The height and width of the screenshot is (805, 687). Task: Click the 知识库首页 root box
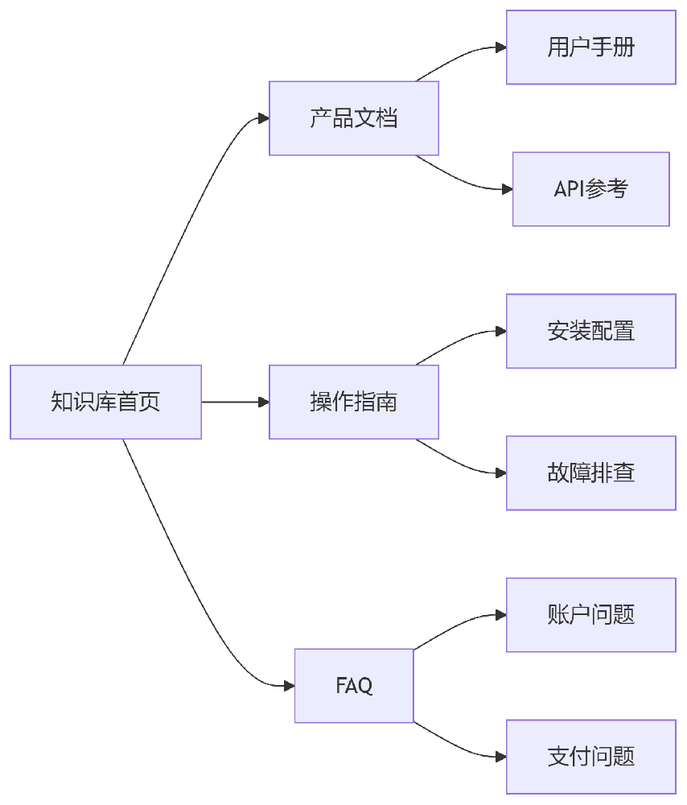(x=105, y=402)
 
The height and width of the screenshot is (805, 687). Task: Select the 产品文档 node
(x=354, y=118)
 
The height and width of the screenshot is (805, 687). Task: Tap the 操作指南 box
(x=354, y=402)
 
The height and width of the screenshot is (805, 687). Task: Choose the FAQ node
(x=354, y=686)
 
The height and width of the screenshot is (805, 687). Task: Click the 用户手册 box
(x=591, y=47)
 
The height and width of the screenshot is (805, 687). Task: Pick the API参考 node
(x=591, y=189)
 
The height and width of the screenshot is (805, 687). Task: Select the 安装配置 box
(x=591, y=331)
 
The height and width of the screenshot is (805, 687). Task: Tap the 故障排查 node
(x=591, y=473)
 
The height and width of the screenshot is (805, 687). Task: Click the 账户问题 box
(x=591, y=615)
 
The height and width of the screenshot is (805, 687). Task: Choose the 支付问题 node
(x=591, y=757)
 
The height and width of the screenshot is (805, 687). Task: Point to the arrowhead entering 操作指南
(x=263, y=402)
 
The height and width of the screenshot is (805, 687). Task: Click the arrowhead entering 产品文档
(x=263, y=118)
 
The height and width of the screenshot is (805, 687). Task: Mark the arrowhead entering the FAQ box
(x=289, y=686)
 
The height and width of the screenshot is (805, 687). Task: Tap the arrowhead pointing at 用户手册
(x=500, y=47)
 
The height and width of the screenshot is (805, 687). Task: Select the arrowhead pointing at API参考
(x=507, y=189)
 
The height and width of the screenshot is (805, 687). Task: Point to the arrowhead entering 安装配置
(x=500, y=331)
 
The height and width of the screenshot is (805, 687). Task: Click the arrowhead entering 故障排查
(x=500, y=473)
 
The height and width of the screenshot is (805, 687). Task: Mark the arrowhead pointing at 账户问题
(x=500, y=615)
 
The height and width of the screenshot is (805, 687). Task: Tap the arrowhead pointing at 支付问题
(x=500, y=757)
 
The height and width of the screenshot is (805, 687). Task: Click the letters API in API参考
(x=569, y=189)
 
